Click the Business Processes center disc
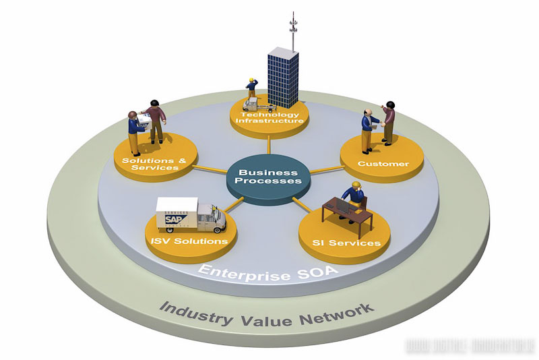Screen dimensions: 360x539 click(269, 176)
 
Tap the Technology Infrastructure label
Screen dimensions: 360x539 click(269, 117)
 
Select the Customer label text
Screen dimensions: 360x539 click(383, 164)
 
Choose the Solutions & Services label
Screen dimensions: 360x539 click(154, 164)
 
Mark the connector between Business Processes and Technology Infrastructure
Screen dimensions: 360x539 click(269, 144)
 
